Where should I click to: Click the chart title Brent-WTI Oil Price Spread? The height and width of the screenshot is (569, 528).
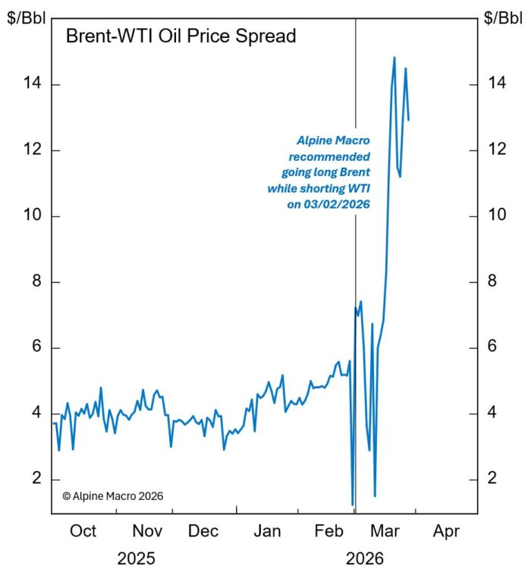tap(181, 36)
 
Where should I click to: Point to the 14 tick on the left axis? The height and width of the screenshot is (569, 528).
tap(32, 84)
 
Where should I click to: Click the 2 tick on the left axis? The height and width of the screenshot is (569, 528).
tap(36, 479)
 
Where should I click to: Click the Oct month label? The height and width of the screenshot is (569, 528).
tap(83, 530)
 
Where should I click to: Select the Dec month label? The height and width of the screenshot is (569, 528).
tap(204, 530)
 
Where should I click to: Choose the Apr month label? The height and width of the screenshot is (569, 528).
tap(446, 530)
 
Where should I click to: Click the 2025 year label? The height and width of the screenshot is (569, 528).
tap(137, 558)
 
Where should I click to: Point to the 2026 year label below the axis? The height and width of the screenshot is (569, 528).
tap(365, 558)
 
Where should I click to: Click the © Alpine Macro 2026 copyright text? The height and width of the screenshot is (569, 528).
tap(112, 495)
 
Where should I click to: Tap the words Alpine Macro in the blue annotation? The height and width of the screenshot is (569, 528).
tap(332, 140)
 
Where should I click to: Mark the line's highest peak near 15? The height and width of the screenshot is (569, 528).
tap(394, 58)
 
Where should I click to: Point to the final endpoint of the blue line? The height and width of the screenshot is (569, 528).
tap(409, 120)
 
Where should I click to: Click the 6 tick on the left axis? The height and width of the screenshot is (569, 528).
tap(36, 348)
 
